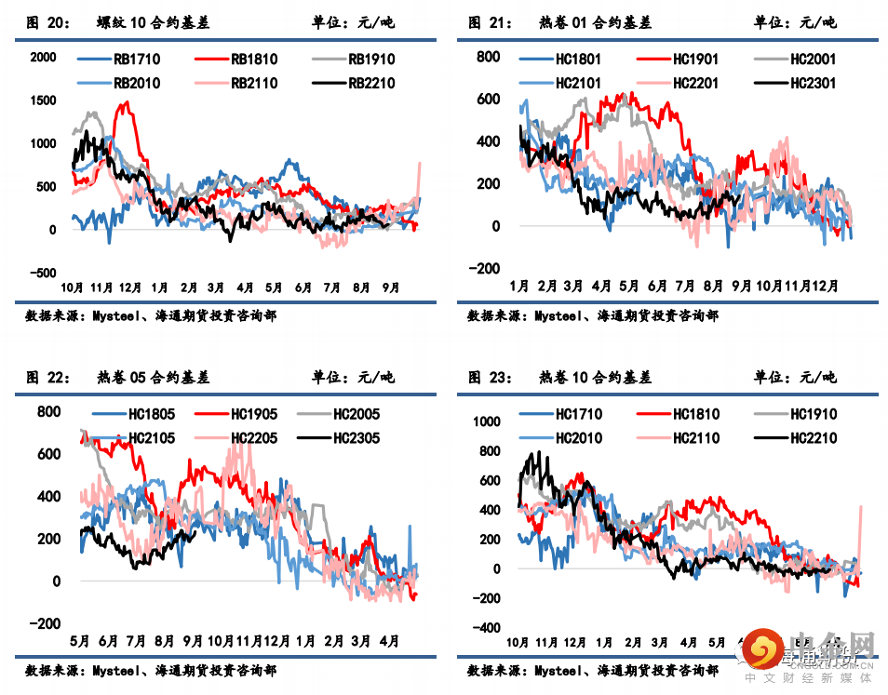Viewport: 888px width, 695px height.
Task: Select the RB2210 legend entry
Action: (371, 83)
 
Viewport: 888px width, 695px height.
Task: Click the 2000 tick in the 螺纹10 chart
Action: (43, 58)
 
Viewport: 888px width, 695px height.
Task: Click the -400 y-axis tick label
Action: (486, 629)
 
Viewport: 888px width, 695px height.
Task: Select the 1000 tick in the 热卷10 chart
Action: (486, 421)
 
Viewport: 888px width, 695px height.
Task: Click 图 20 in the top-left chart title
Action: (47, 22)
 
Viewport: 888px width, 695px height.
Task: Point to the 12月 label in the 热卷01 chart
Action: (826, 286)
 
